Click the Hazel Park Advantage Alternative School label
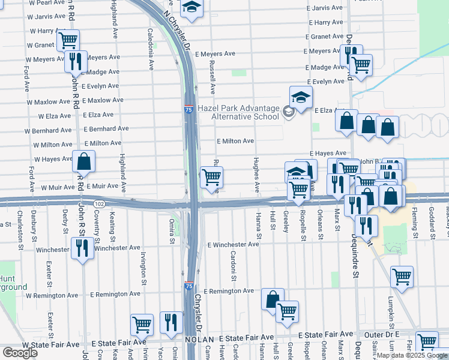(247, 112)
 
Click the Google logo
(20, 352)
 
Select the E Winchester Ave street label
(234, 245)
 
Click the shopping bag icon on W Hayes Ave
(84, 161)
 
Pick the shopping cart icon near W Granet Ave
(68, 41)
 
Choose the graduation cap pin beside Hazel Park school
(301, 96)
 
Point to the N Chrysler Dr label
(178, 33)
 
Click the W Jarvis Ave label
(46, 17)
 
